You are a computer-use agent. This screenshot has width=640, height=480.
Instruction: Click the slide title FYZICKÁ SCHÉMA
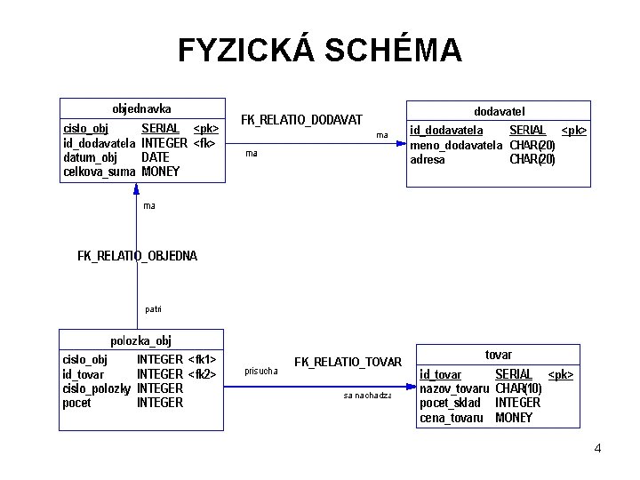320,51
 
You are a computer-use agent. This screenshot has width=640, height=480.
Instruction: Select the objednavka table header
141,108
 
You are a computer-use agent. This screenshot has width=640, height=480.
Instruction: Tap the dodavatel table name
499,111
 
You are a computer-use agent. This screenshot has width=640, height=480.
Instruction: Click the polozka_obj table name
140,340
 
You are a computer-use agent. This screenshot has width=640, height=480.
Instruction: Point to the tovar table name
498,355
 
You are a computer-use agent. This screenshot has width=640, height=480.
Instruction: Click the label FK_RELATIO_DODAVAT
302,119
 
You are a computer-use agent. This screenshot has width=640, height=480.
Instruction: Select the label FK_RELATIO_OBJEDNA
138,256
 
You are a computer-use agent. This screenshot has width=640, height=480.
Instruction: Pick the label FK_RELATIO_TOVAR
348,362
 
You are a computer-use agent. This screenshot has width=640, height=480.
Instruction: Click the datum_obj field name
90,157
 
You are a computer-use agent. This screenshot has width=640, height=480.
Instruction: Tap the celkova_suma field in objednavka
99,172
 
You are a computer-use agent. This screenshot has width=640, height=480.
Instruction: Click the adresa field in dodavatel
427,160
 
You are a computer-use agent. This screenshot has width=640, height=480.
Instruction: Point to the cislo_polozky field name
97,388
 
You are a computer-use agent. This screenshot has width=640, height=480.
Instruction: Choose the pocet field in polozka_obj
78,403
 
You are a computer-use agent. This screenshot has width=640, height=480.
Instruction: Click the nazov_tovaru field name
454,388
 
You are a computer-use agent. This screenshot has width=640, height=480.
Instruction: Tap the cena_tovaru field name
451,417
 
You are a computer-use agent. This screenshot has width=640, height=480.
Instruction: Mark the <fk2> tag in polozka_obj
202,374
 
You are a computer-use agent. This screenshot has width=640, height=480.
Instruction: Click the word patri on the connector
153,309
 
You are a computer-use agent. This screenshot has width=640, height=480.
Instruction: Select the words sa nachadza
367,395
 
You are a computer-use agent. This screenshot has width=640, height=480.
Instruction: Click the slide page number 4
597,448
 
